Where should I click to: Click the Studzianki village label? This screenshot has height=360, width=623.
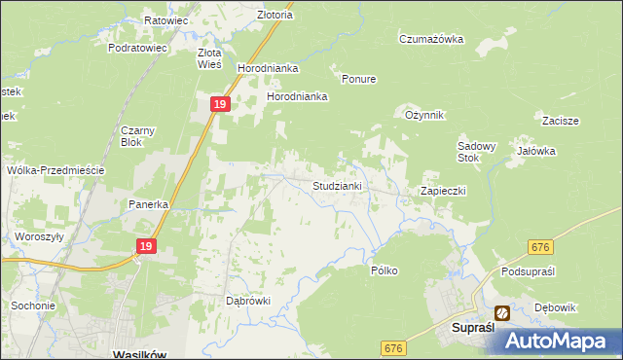[338, 185]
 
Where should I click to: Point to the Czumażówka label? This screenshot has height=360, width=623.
[431, 39]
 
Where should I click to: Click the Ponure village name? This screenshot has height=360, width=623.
[358, 79]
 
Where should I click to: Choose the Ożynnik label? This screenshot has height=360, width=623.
[424, 115]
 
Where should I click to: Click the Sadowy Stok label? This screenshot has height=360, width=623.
[477, 152]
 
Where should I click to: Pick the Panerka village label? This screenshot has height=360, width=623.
[150, 205]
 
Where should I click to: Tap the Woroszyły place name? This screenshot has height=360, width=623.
[39, 236]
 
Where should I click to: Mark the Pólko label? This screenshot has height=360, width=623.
[385, 270]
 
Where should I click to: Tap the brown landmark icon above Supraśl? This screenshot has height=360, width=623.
[502, 313]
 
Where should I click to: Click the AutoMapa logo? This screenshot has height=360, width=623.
[559, 340]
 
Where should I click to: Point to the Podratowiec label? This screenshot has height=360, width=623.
[138, 47]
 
